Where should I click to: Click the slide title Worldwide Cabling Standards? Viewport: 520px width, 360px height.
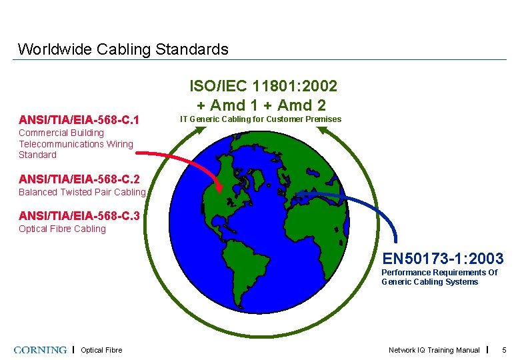[x=123, y=49]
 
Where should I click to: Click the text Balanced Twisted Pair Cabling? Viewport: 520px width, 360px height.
[x=81, y=192]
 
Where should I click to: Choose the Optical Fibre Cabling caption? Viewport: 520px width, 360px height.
[x=62, y=229]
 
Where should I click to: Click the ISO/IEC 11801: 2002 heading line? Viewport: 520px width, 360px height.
[x=263, y=86]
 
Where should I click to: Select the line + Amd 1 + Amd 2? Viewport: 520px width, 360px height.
[x=261, y=105]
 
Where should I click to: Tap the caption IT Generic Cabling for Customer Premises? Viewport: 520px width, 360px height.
[x=261, y=119]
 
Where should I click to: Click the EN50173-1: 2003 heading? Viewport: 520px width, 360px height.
[x=443, y=258]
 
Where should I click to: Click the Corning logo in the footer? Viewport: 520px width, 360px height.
[x=40, y=350]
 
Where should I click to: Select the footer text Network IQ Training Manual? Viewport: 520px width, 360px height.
[x=434, y=350]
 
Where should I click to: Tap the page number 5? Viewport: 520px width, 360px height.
[x=504, y=350]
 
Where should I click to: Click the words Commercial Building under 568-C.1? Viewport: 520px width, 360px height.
[x=61, y=133]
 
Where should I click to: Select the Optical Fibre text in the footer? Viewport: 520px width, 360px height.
[x=101, y=350]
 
